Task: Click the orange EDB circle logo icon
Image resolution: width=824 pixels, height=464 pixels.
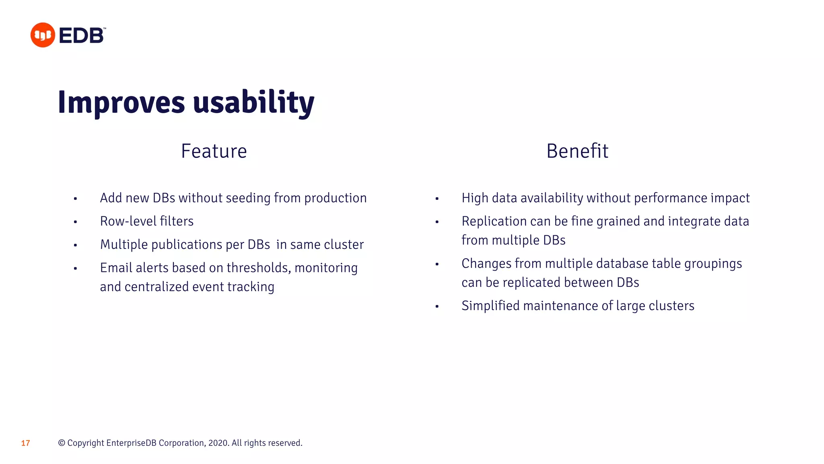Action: pyautogui.click(x=43, y=35)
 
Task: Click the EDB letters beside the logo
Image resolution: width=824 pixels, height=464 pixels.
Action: pyautogui.click(x=82, y=35)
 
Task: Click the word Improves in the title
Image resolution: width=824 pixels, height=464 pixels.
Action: pyautogui.click(x=121, y=102)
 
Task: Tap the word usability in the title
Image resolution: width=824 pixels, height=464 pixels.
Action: pyautogui.click(x=253, y=102)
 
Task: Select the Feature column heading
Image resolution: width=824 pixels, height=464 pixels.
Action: pyautogui.click(x=214, y=151)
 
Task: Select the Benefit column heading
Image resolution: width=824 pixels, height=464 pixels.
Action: pyautogui.click(x=577, y=151)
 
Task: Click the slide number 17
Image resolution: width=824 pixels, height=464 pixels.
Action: pyautogui.click(x=25, y=443)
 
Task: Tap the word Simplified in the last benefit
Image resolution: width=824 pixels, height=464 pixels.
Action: pyautogui.click(x=490, y=306)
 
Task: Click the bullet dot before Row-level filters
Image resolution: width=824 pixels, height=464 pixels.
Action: pyautogui.click(x=75, y=222)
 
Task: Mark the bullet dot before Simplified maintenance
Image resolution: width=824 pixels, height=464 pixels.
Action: pyautogui.click(x=437, y=307)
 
